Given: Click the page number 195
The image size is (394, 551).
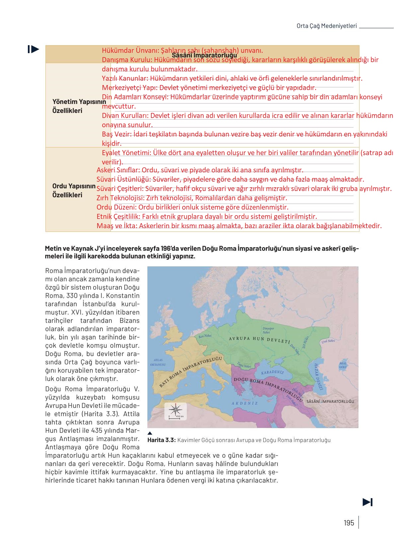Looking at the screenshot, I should (349, 523).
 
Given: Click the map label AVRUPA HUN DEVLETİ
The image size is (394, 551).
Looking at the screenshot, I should (259, 339).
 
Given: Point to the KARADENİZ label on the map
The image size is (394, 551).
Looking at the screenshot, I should (272, 372).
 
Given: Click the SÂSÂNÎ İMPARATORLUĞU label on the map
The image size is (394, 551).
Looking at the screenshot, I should (330, 401).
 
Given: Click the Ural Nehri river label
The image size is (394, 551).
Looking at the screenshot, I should (328, 341).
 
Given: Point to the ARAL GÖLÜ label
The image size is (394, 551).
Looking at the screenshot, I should (343, 365).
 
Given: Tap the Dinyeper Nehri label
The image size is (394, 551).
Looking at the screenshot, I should (268, 330).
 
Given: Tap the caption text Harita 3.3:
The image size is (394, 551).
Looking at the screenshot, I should (161, 440).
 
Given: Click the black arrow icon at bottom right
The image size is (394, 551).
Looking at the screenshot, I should (367, 502).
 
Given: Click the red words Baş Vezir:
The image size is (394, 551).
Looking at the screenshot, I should (117, 134).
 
